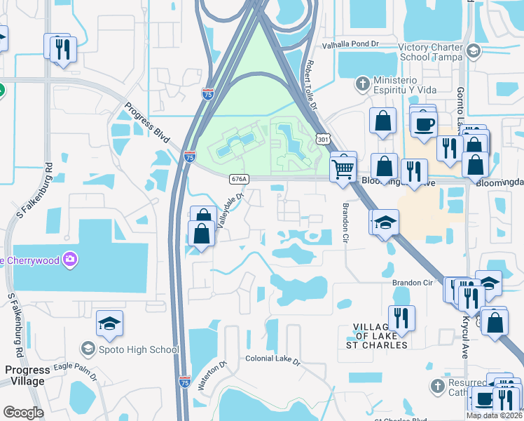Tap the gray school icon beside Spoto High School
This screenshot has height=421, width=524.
point(88,349)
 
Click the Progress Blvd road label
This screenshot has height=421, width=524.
point(148,123)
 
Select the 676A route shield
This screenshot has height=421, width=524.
point(238,179)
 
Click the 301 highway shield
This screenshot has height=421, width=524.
point(322,140)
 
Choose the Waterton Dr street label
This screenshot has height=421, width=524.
point(214,376)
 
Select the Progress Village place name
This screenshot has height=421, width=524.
point(25,375)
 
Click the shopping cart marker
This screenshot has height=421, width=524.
point(343,167)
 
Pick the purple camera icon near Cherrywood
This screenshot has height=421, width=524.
point(69,260)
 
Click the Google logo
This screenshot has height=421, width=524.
point(24,413)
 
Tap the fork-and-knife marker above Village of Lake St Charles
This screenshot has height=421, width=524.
point(401,317)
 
